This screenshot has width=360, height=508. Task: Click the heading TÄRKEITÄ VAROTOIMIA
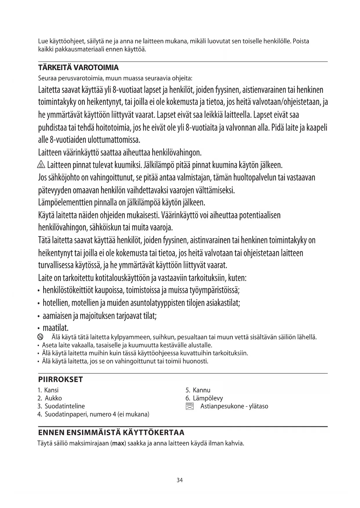pyautogui.click(x=78, y=68)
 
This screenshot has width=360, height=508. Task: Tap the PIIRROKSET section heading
pyautogui.click(x=60, y=379)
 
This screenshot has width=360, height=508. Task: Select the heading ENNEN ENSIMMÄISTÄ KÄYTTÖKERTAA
pyautogui.click(x=111, y=433)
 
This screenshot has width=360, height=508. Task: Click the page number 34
pyautogui.click(x=180, y=480)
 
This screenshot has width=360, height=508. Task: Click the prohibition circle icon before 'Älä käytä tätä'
pyautogui.click(x=40, y=337)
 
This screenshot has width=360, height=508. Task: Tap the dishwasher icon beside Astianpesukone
pyautogui.click(x=189, y=406)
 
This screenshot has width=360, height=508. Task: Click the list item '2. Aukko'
pyautogui.click(x=50, y=398)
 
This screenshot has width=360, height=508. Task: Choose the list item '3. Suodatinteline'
pyautogui.click(x=61, y=406)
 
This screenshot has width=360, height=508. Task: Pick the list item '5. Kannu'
pyautogui.click(x=198, y=390)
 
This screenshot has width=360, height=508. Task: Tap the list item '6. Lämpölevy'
pyautogui.click(x=204, y=398)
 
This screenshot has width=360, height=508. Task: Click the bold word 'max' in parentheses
pyautogui.click(x=118, y=443)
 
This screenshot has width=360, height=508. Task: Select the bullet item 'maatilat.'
pyautogui.click(x=55, y=328)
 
